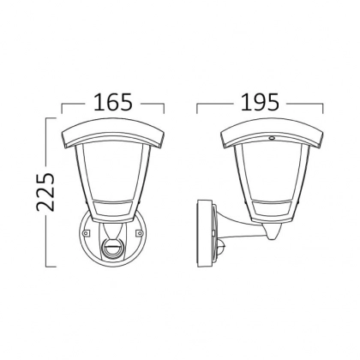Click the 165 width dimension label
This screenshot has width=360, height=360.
(113, 102)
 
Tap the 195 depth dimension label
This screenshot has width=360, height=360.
(260, 102)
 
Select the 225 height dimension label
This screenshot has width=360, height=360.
(45, 192)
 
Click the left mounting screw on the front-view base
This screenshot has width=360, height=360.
(85, 233)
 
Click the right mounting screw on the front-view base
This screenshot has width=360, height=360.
(140, 233)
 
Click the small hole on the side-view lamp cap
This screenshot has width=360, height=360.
(272, 138)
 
